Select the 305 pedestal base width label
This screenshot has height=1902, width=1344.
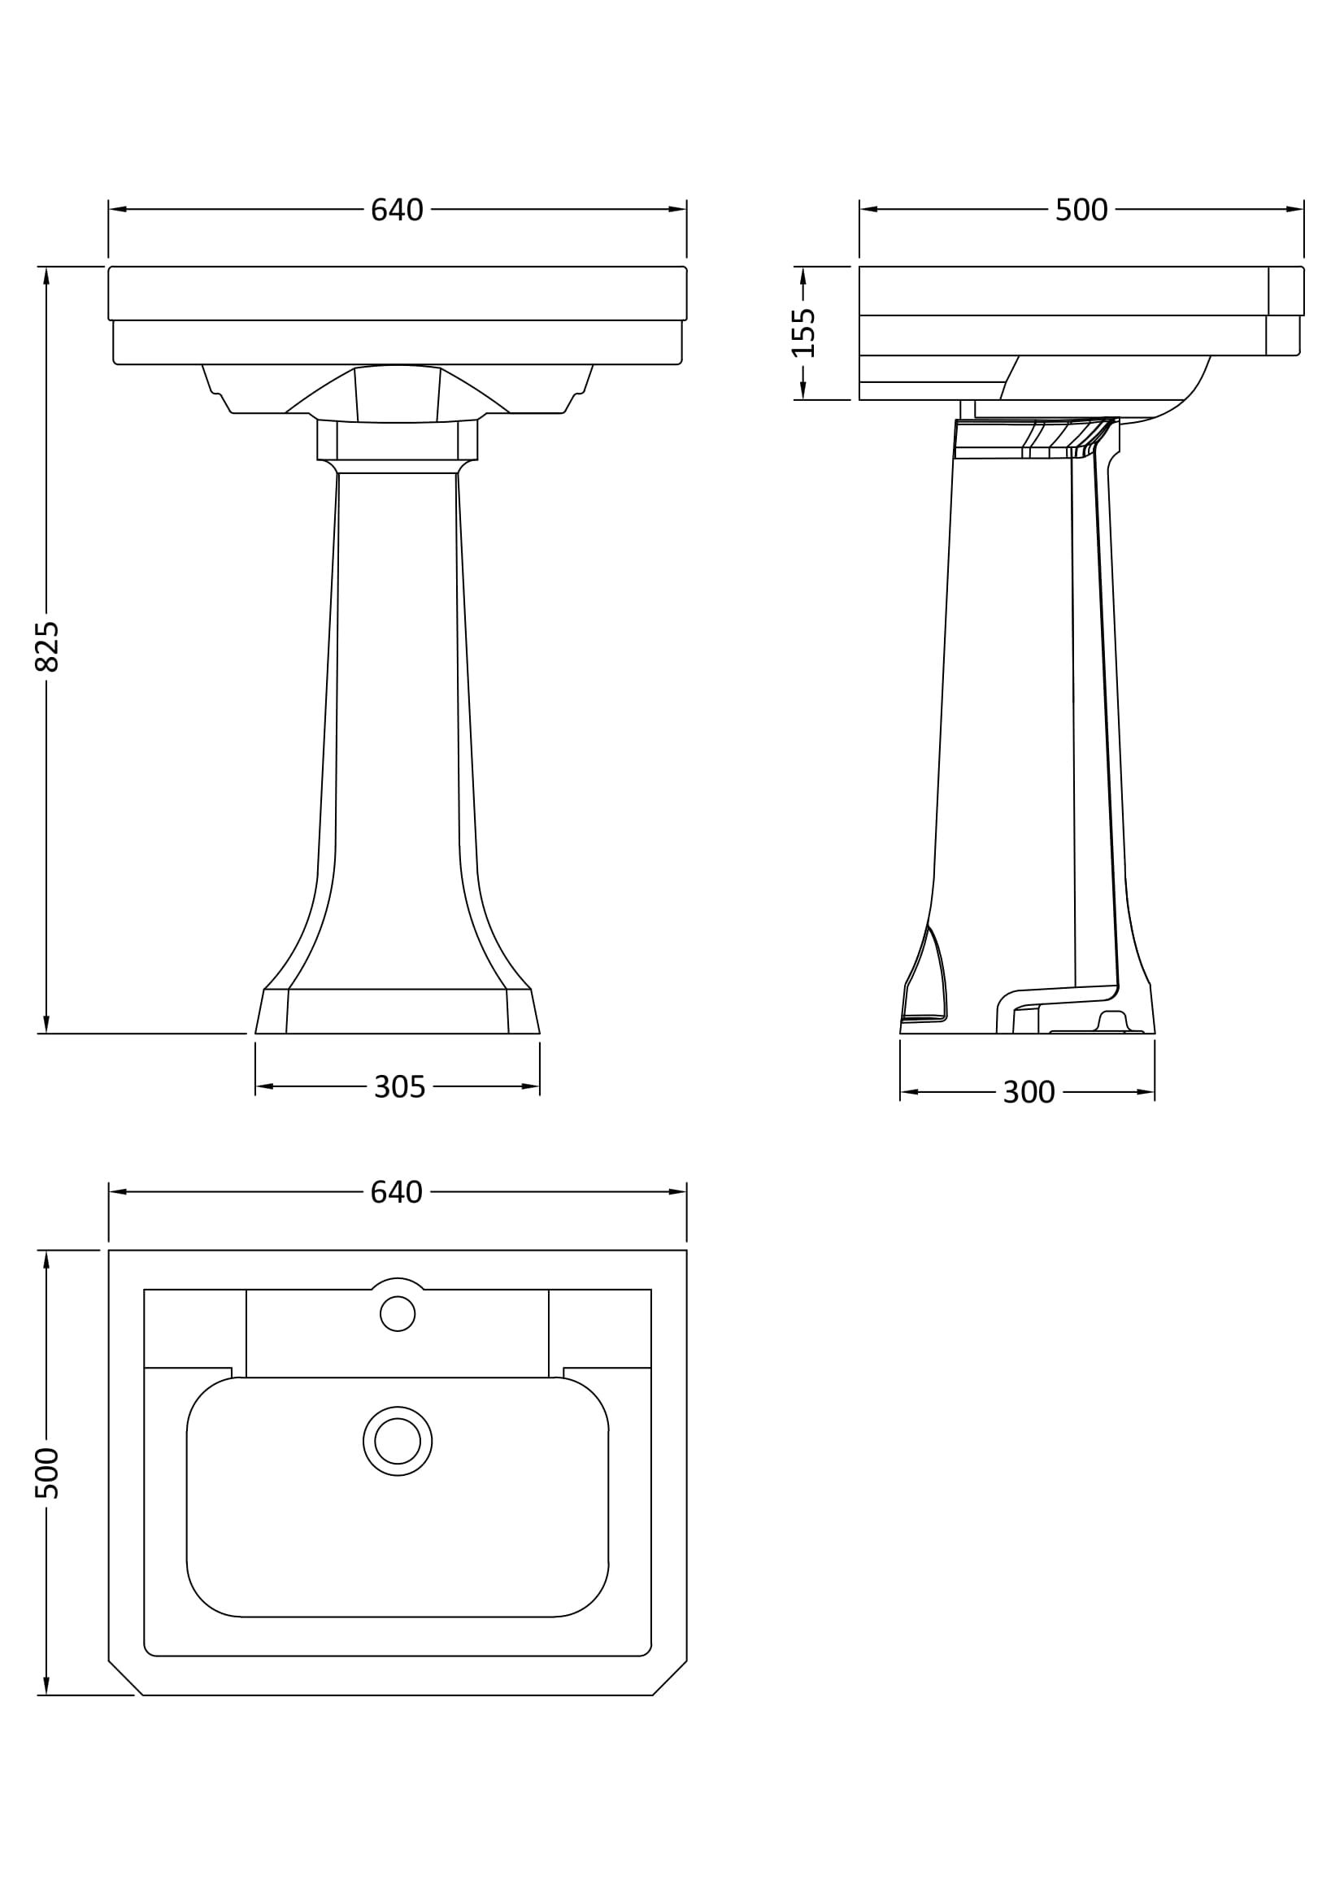pos(399,1087)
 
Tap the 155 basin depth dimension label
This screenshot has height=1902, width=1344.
pos(803,333)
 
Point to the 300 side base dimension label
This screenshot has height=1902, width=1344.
pos(1029,1093)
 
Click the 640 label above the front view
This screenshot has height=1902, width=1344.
pos(397,211)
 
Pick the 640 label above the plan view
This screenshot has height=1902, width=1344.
pos(397,1192)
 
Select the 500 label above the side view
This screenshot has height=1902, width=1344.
pos(1081,211)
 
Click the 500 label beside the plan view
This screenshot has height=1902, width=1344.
pos(47,1473)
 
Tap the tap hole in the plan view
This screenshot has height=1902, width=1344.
pos(398,1314)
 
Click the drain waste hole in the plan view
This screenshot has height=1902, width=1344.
pos(398,1442)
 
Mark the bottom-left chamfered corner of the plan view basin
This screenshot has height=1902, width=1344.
pos(125,1678)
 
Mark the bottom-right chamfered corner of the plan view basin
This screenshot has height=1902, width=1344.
pos(669,1678)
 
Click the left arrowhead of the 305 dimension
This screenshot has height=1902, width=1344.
pos(264,1086)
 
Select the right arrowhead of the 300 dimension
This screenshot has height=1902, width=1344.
pos(1146,1092)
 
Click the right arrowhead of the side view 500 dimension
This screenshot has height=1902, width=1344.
pos(1294,210)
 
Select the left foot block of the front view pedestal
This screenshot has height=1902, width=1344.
pos(272,1012)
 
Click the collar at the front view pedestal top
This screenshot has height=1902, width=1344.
pos(398,440)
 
